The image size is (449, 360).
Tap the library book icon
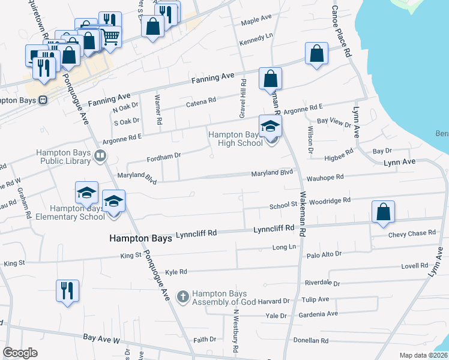click(x=100, y=157)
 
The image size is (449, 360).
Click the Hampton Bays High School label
click(x=235, y=139)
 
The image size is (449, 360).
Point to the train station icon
click(x=43, y=101)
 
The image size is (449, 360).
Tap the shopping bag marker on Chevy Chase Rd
click(x=383, y=212)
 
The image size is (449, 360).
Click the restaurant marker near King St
click(x=67, y=292)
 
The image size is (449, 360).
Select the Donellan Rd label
click(x=308, y=340)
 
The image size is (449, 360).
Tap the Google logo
click(x=20, y=353)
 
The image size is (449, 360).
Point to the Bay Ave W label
click(x=101, y=339)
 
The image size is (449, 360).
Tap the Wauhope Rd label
click(x=325, y=178)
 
